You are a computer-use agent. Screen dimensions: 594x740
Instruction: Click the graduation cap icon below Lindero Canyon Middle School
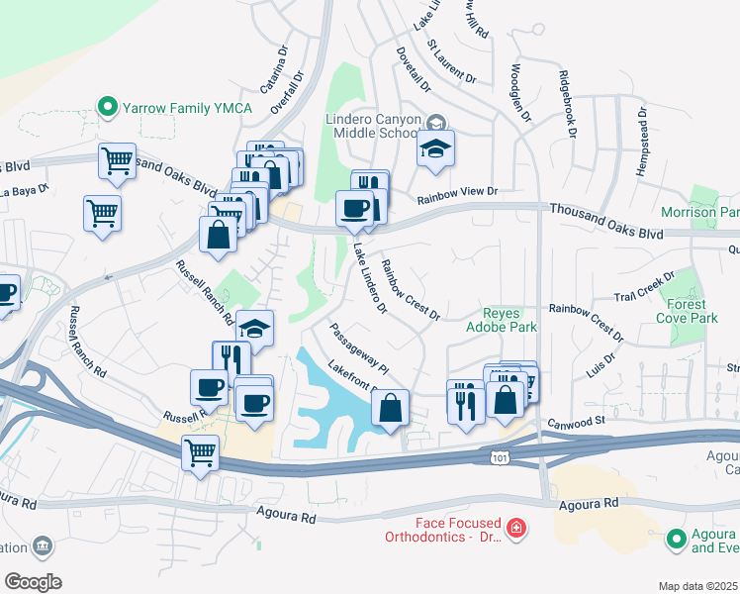click(x=435, y=149)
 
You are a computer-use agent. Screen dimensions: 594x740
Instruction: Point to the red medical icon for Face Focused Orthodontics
click(x=515, y=530)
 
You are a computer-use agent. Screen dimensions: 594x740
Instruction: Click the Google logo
click(x=33, y=582)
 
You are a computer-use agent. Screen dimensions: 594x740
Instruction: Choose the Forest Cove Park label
click(x=692, y=312)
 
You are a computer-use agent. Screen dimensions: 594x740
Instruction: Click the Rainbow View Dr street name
click(x=456, y=195)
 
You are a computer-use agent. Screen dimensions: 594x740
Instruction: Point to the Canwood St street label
click(x=577, y=421)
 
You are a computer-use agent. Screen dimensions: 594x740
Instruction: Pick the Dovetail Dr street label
click(x=414, y=68)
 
